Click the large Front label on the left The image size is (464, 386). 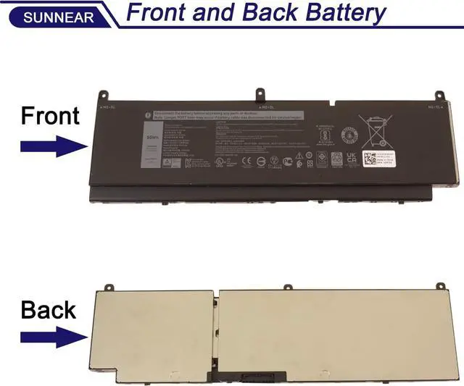(50, 116)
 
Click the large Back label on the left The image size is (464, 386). (49, 310)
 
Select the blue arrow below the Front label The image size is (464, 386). (54, 147)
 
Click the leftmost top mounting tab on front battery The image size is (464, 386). (103, 95)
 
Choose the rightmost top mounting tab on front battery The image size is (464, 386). (438, 96)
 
